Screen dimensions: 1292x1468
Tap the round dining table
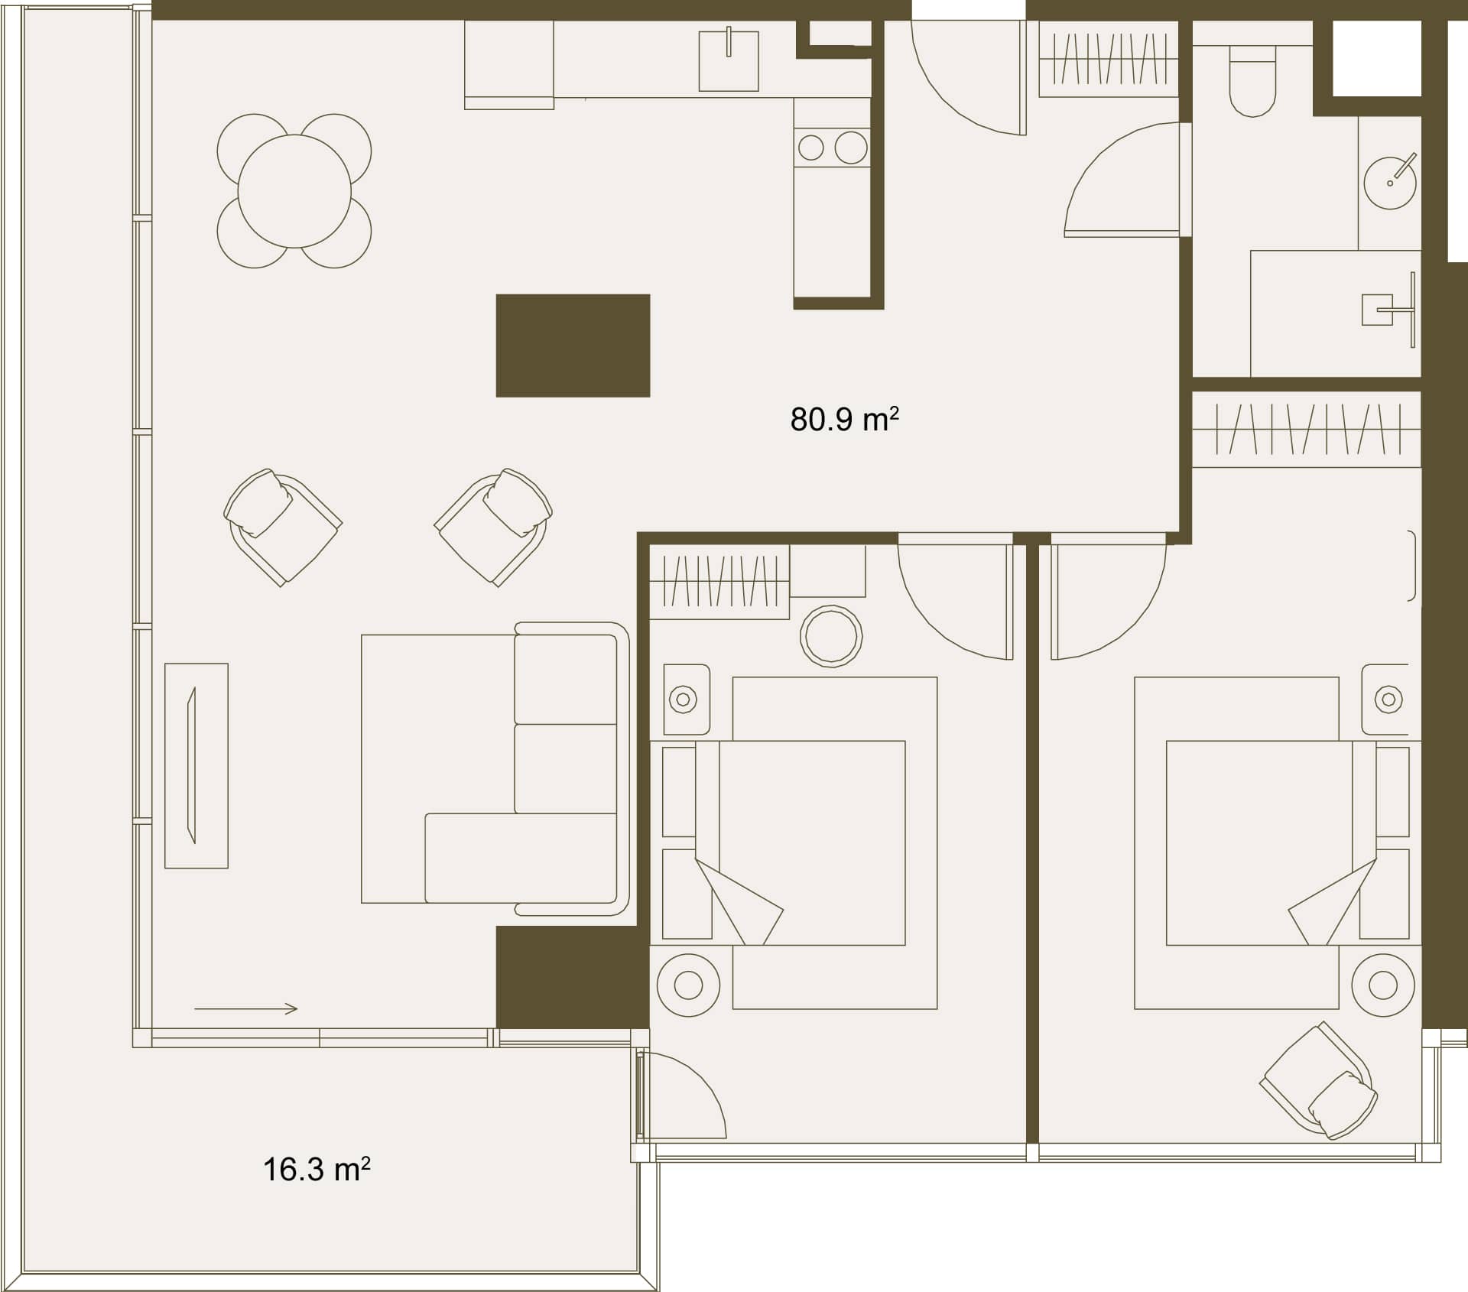click(x=294, y=191)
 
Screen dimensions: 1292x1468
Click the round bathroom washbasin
click(x=1390, y=183)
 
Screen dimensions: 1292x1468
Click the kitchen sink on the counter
click(x=729, y=61)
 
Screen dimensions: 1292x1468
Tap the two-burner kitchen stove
click(x=832, y=148)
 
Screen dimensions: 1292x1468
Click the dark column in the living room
click(x=573, y=346)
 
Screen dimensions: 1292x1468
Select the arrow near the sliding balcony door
click(x=245, y=1009)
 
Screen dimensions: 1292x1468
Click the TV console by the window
click(x=196, y=765)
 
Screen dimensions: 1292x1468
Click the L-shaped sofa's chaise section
click(x=520, y=858)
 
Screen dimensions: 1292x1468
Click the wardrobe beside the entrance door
click(x=1109, y=59)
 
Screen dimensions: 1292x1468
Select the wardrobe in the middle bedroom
click(x=719, y=581)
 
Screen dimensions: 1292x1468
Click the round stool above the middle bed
click(x=831, y=636)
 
